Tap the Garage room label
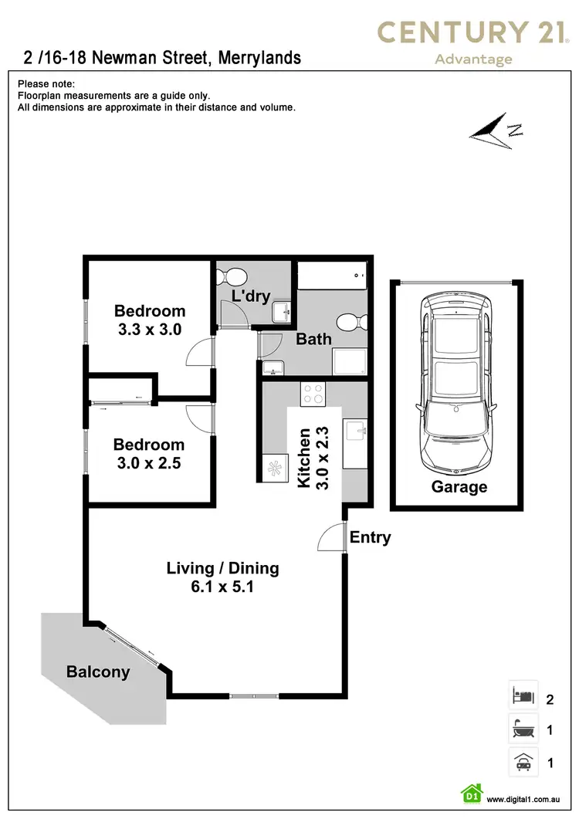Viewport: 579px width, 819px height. click(x=459, y=487)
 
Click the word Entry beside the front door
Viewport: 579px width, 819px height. click(x=370, y=537)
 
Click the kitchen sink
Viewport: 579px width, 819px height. click(x=355, y=431)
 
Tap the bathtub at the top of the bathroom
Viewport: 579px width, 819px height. click(x=330, y=275)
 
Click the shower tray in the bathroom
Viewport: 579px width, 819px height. click(x=350, y=362)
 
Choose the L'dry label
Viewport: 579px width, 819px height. click(x=251, y=296)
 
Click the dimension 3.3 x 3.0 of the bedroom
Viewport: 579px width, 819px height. click(x=150, y=330)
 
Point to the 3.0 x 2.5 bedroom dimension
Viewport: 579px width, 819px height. click(x=149, y=463)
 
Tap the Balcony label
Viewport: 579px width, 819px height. click(x=98, y=672)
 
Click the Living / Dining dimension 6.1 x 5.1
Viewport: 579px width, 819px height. click(x=222, y=587)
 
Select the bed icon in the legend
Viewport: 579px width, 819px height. click(x=523, y=695)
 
